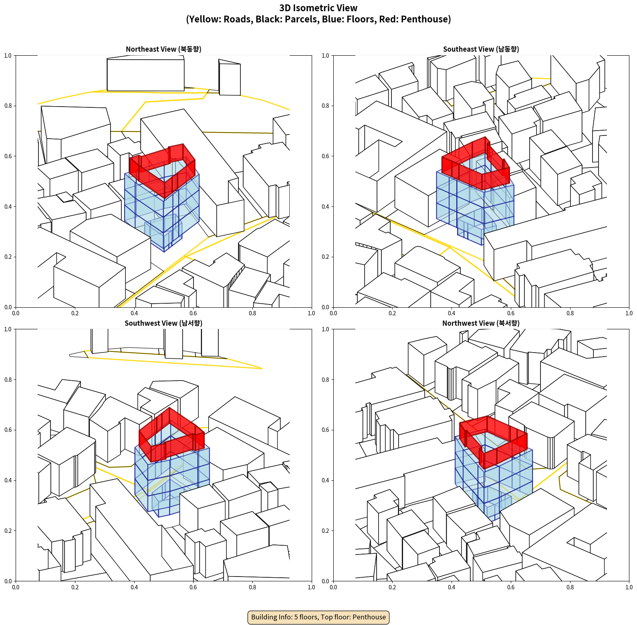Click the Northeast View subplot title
[163, 49]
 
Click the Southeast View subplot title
[481, 49]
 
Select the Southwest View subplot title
[163, 323]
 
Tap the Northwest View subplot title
[481, 323]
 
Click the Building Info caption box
[318, 617]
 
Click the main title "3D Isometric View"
[318, 8]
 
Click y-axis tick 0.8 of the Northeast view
[8, 106]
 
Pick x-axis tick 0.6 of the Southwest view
[193, 587]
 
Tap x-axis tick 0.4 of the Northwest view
[452, 587]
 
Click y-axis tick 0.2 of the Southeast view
[325, 257]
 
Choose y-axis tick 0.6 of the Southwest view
[8, 430]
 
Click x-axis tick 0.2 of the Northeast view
[75, 313]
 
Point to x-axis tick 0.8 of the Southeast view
[570, 313]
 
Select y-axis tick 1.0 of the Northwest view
[325, 329]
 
